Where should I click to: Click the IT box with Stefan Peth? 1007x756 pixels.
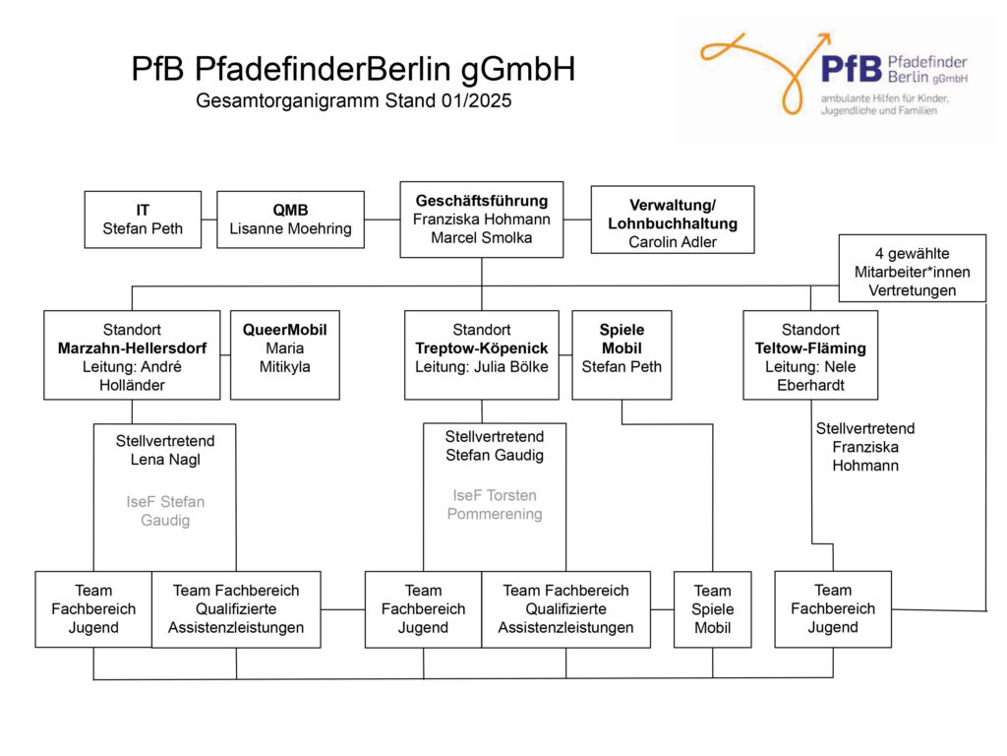coord(143,220)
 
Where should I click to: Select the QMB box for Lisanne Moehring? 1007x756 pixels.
coord(290,220)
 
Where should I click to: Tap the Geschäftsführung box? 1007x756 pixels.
coord(482,220)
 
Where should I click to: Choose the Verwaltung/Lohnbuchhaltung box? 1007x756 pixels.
coord(673,220)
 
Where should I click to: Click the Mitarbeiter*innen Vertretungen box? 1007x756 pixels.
coord(912,268)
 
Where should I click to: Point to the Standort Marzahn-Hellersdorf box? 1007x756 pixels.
coord(133,355)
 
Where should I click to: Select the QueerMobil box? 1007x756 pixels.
coord(285,355)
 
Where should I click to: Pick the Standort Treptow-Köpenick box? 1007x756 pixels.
coord(482,355)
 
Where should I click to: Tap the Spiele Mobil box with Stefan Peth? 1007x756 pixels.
coord(622,355)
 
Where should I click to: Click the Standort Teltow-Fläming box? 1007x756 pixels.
coord(810,355)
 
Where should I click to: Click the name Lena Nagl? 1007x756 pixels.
coord(165,460)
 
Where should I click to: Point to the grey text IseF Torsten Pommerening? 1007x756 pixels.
coord(495,505)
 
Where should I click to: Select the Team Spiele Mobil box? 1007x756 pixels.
coord(713,609)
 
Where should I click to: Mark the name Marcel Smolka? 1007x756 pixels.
coord(482,238)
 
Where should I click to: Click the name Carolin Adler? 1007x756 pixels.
coord(673,242)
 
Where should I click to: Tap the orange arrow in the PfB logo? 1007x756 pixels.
coord(764,71)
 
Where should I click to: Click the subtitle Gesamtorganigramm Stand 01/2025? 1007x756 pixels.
coord(354,101)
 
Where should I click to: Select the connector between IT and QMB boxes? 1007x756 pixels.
coord(209,220)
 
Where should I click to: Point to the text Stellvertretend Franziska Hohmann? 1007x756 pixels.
coord(865,447)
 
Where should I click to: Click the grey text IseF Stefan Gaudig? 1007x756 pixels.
coord(165,511)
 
